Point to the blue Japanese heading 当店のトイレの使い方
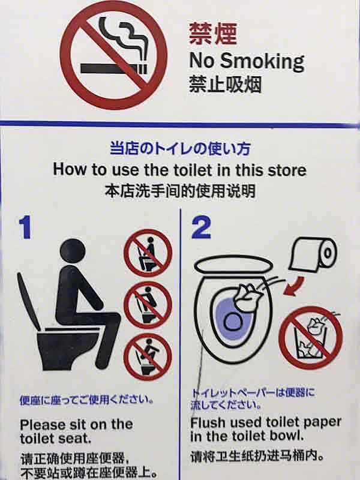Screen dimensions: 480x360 (x=179, y=148)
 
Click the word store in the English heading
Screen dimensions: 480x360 (x=285, y=169)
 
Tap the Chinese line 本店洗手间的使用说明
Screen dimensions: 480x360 (x=179, y=191)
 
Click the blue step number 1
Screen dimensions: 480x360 (x=25, y=228)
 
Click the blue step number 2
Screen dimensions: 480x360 (x=202, y=228)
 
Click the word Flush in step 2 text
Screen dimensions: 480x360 (x=208, y=422)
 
